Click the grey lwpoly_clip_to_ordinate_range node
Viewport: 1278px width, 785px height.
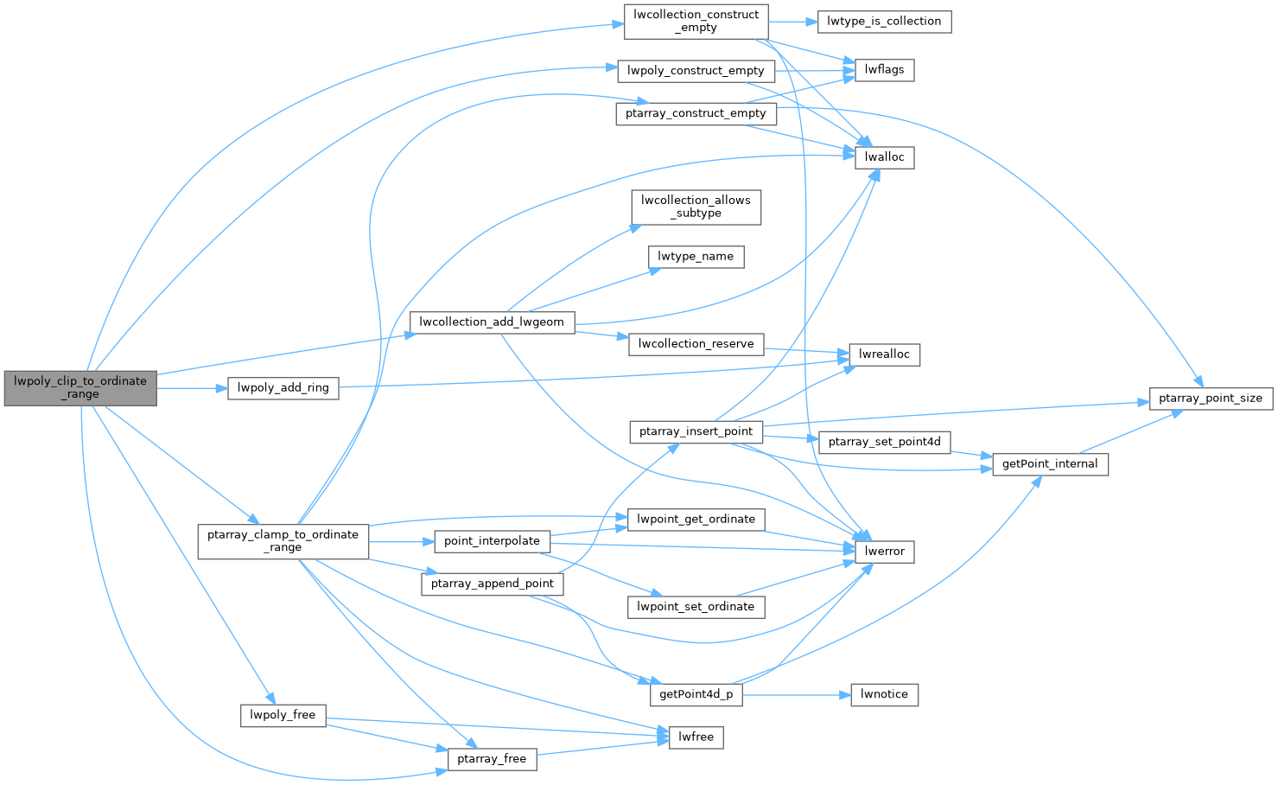(x=80, y=387)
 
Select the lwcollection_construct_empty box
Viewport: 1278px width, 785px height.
(x=696, y=22)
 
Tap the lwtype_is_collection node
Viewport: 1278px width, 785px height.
(x=884, y=22)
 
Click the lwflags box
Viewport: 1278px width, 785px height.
(x=884, y=70)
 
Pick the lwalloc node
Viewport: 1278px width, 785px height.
(x=884, y=157)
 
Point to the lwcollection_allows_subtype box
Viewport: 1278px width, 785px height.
(x=696, y=207)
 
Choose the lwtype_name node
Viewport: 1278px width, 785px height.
(x=696, y=257)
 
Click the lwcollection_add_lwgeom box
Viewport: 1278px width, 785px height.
(x=492, y=322)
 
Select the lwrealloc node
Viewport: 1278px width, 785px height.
(x=884, y=354)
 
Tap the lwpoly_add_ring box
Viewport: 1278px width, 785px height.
(x=283, y=388)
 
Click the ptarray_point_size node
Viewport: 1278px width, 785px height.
(x=1211, y=399)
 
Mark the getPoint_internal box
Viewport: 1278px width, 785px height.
(x=1050, y=464)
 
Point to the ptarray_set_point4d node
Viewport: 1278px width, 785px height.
(x=884, y=442)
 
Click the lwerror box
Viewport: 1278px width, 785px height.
(x=884, y=552)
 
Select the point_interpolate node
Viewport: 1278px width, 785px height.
(x=492, y=541)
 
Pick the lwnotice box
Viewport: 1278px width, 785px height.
(x=884, y=694)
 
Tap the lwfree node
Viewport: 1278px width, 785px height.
(x=696, y=737)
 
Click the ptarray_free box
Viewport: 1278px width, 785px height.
(x=492, y=759)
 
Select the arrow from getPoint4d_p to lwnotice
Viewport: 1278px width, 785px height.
(x=795, y=694)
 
